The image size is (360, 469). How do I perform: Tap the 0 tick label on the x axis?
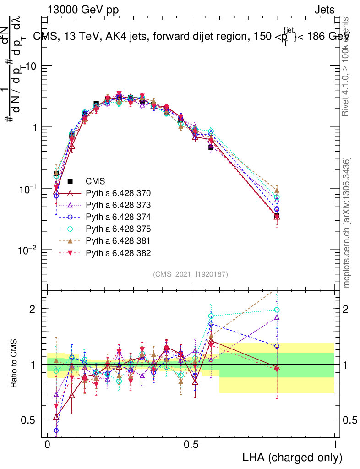point(48,445)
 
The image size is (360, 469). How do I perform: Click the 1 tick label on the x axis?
point(335,445)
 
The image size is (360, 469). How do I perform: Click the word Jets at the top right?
point(324,10)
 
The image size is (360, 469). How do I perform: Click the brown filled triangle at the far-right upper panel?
point(277,190)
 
